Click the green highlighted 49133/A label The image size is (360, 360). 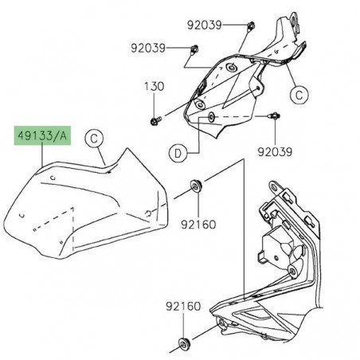pyautogui.click(x=42, y=138)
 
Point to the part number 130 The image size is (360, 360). pyautogui.click(x=153, y=85)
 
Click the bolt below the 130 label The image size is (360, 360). pyautogui.click(x=154, y=121)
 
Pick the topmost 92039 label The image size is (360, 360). pyautogui.click(x=205, y=25)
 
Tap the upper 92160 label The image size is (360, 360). pyautogui.click(x=199, y=225)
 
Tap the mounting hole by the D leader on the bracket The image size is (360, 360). pyautogui.click(x=211, y=118)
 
